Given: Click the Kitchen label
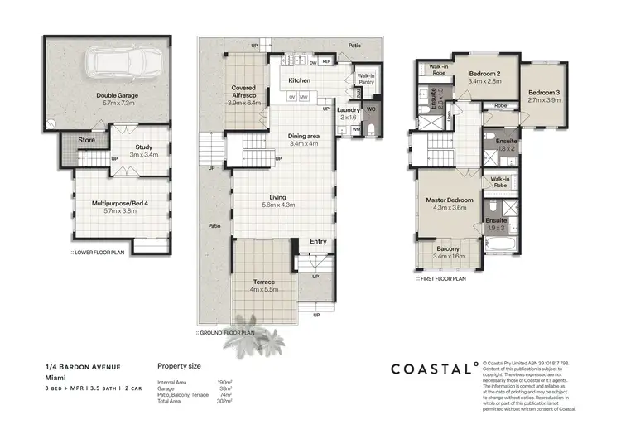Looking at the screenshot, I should tap(298, 80).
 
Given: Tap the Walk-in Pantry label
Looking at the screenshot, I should tap(366, 79).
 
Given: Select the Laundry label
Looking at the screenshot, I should tap(347, 109).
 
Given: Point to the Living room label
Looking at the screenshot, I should tap(277, 198).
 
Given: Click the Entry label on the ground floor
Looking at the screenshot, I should tap(318, 241).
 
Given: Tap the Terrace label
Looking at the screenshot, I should tap(262, 282).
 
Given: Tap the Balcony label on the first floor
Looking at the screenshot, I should tap(449, 249).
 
